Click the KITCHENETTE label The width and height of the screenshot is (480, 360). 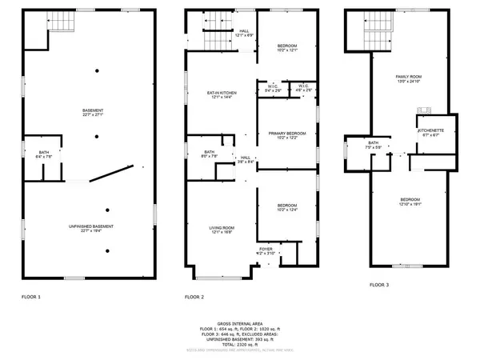tap(430, 130)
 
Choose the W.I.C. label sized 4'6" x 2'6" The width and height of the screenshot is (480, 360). tap(304, 86)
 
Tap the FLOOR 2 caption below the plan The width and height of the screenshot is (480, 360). tap(194, 296)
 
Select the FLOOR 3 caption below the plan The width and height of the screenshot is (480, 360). tap(379, 285)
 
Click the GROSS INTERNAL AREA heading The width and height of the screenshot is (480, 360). tap(240, 324)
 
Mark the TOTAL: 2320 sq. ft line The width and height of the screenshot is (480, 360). tap(240, 343)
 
